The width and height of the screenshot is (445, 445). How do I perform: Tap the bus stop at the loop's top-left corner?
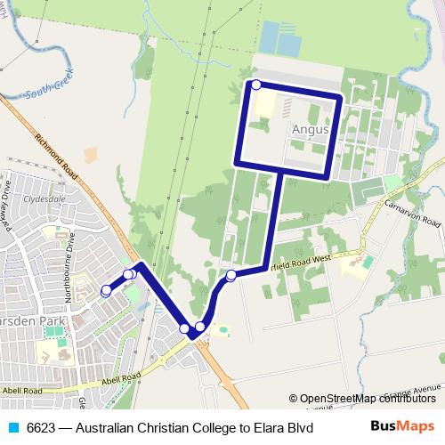[x=256, y=85]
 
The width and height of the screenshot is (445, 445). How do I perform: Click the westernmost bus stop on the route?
[x=106, y=290]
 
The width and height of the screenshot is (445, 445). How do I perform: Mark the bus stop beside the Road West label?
[x=231, y=275]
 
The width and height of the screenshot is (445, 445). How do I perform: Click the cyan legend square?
[x=12, y=427]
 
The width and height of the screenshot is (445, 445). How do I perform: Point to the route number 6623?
[x=40, y=427]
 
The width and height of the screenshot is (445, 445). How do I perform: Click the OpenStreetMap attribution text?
[x=368, y=399]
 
